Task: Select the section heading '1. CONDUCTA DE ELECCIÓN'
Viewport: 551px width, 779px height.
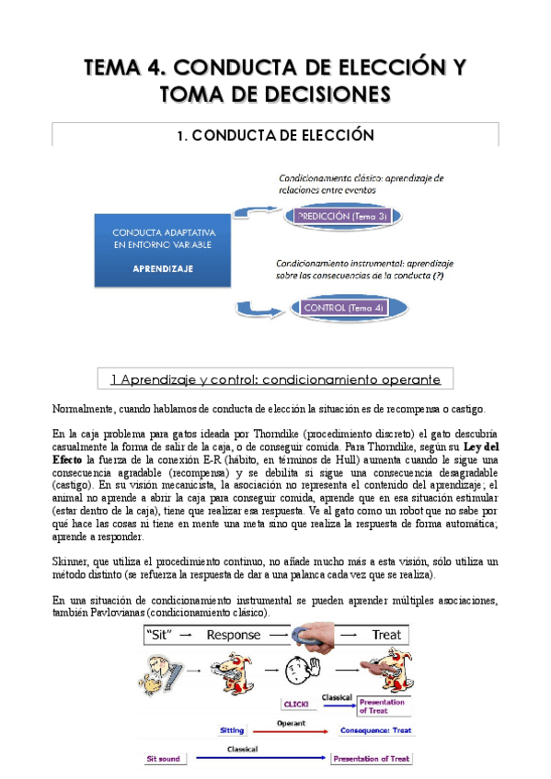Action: (275, 135)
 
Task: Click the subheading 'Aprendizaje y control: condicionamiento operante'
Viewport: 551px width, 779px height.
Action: (275, 378)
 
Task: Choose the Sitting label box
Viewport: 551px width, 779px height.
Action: (232, 730)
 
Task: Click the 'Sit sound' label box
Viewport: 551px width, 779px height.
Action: (166, 759)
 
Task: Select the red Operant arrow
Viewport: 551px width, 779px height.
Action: (292, 731)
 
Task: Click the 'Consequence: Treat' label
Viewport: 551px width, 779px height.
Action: (374, 730)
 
